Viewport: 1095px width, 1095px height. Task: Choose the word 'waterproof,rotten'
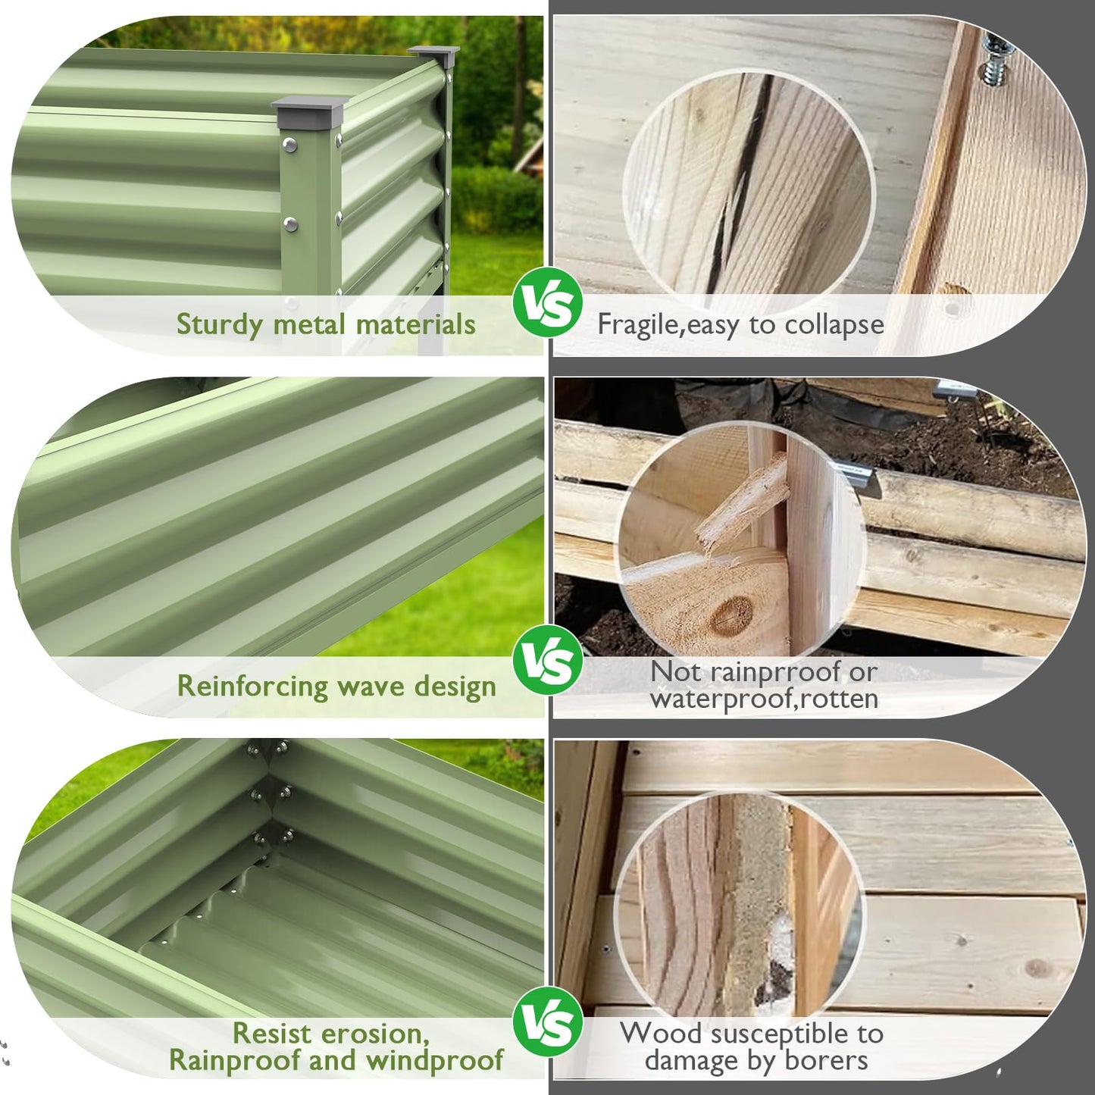coord(765,699)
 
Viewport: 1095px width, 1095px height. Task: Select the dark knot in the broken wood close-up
coord(732,615)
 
